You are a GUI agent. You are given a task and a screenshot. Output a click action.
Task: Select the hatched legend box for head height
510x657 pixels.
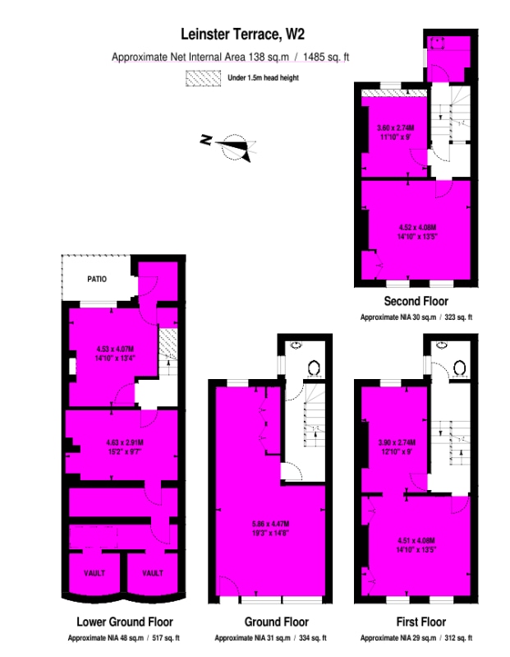click(x=204, y=78)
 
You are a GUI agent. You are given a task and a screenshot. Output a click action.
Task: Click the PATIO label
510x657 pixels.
click(x=98, y=279)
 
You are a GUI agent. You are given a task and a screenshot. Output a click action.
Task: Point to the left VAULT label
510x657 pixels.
click(x=94, y=573)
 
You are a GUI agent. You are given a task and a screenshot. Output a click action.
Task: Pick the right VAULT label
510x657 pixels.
click(x=152, y=573)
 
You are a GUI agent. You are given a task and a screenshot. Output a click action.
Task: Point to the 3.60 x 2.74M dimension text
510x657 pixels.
click(x=395, y=128)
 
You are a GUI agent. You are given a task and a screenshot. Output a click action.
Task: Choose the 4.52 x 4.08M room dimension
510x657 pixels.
click(x=417, y=227)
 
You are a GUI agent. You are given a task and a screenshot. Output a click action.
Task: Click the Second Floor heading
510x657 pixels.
click(x=416, y=302)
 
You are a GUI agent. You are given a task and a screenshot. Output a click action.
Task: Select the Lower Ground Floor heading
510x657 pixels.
click(x=125, y=622)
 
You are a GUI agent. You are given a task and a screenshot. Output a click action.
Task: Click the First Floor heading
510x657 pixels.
click(x=416, y=622)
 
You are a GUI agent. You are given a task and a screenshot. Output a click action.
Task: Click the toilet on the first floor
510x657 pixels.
click(x=458, y=368)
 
